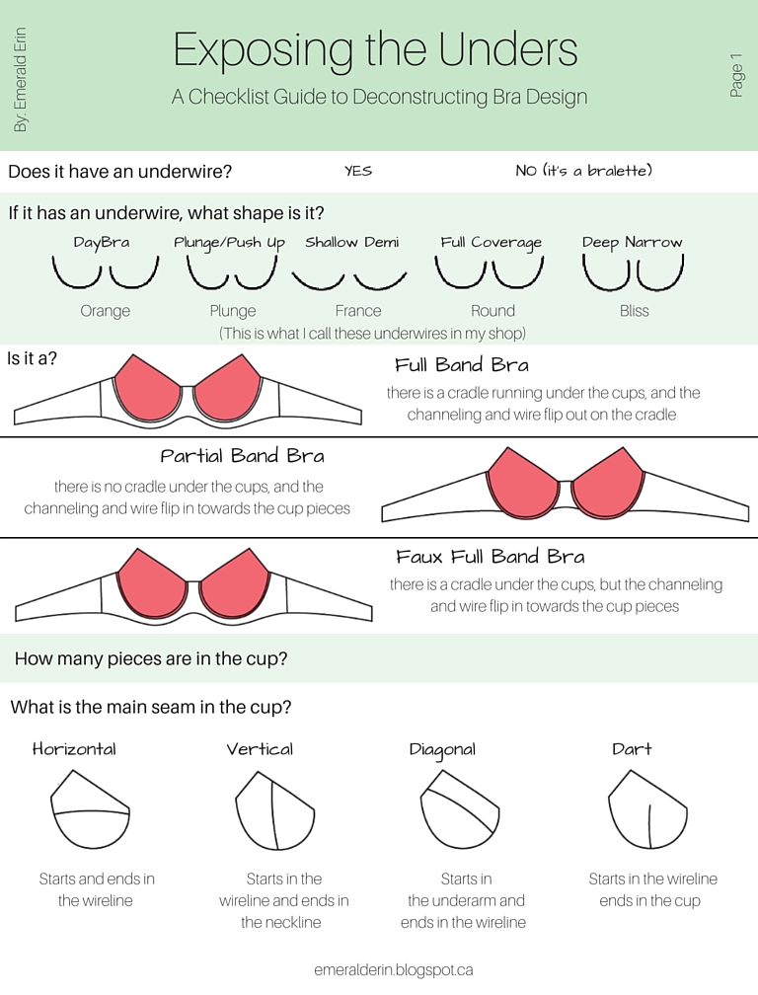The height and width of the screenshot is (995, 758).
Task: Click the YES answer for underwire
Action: (358, 171)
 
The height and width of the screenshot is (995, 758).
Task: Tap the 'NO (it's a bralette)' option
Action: (583, 171)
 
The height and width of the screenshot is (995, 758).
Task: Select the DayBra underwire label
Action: (102, 243)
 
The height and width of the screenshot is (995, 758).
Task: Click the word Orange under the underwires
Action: (106, 311)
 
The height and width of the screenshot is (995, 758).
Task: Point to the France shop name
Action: (358, 311)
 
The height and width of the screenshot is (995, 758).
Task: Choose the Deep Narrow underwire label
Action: (633, 243)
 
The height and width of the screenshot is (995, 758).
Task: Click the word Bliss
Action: (635, 311)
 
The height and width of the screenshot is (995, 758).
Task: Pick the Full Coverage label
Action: (492, 243)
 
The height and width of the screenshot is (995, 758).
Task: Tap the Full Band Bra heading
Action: (462, 365)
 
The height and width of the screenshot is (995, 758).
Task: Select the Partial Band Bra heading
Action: (243, 456)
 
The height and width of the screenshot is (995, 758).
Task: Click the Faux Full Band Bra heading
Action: (491, 557)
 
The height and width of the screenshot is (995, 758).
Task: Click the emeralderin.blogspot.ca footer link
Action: (393, 970)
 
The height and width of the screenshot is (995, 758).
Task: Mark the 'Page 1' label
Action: (736, 75)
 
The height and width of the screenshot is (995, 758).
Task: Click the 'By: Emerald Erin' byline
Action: (21, 79)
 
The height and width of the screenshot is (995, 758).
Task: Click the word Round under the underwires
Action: (493, 311)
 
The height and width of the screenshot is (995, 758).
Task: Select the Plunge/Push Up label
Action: (229, 243)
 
